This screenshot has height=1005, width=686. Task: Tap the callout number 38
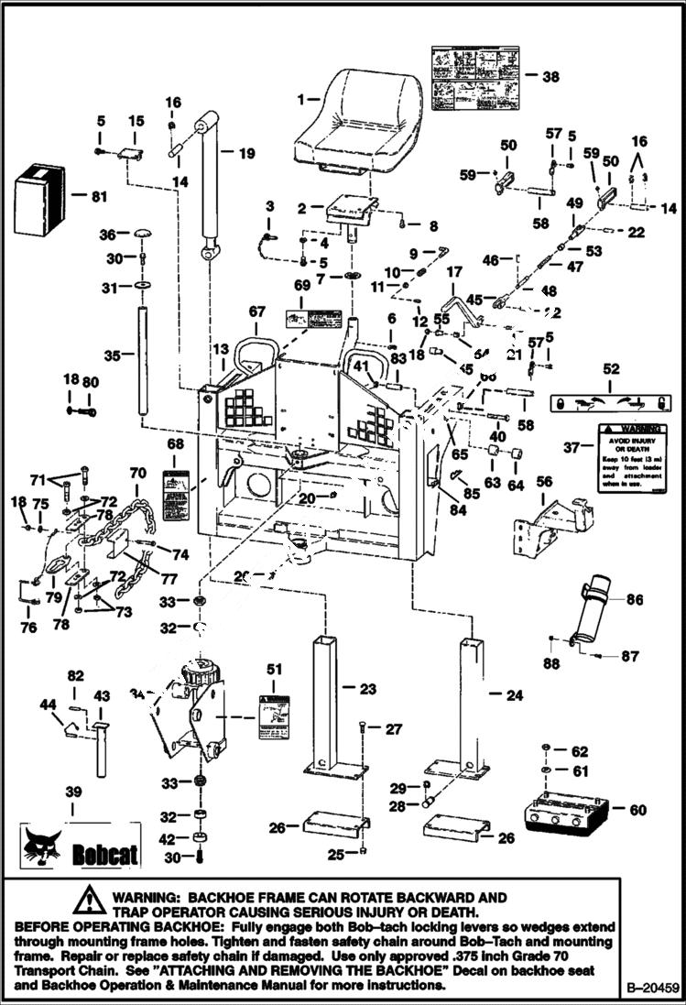point(550,78)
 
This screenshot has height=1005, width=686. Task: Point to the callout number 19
point(247,154)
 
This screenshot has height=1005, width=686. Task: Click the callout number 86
point(634,600)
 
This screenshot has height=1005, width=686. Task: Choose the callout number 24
point(514,695)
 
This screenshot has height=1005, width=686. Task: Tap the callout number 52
point(610,369)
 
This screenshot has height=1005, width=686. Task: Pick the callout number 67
point(256,312)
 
